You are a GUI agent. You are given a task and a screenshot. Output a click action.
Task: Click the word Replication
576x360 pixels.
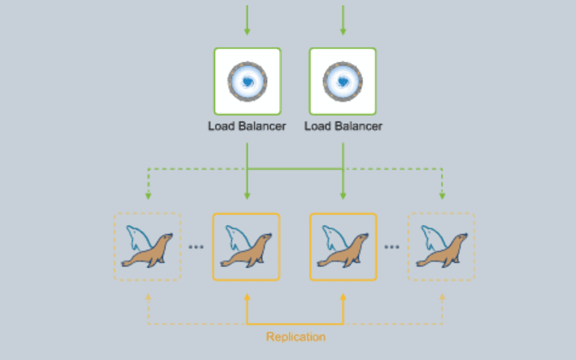pyautogui.click(x=295, y=337)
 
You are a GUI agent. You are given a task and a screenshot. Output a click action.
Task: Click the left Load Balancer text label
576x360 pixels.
pyautogui.click(x=247, y=126)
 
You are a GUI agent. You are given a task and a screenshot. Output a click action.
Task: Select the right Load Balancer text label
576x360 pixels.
pyautogui.click(x=343, y=126)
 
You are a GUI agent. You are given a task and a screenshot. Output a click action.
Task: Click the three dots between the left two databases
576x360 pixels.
pyautogui.click(x=197, y=247)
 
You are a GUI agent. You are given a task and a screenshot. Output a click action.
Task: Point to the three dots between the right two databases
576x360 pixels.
pyautogui.click(x=392, y=247)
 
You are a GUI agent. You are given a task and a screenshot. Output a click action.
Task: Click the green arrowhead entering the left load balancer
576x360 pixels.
pyautogui.click(x=247, y=32)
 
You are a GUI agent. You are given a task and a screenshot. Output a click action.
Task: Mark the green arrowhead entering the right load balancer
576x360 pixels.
pyautogui.click(x=343, y=32)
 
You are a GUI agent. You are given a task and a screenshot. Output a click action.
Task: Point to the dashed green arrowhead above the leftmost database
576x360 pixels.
pyautogui.click(x=148, y=196)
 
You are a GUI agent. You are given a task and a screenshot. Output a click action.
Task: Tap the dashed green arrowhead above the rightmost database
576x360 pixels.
pyautogui.click(x=442, y=196)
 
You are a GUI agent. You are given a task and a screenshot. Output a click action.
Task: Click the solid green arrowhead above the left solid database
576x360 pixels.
pyautogui.click(x=247, y=196)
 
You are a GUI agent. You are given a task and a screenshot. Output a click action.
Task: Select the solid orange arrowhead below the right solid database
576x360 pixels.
pyautogui.click(x=343, y=297)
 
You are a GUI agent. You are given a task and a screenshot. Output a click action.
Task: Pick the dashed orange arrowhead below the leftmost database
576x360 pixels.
pyautogui.click(x=148, y=297)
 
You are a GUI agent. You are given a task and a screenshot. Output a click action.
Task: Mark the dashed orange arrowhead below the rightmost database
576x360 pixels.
pyautogui.click(x=442, y=297)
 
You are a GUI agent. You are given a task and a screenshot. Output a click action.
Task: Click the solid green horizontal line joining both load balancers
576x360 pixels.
pyautogui.click(x=295, y=169)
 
